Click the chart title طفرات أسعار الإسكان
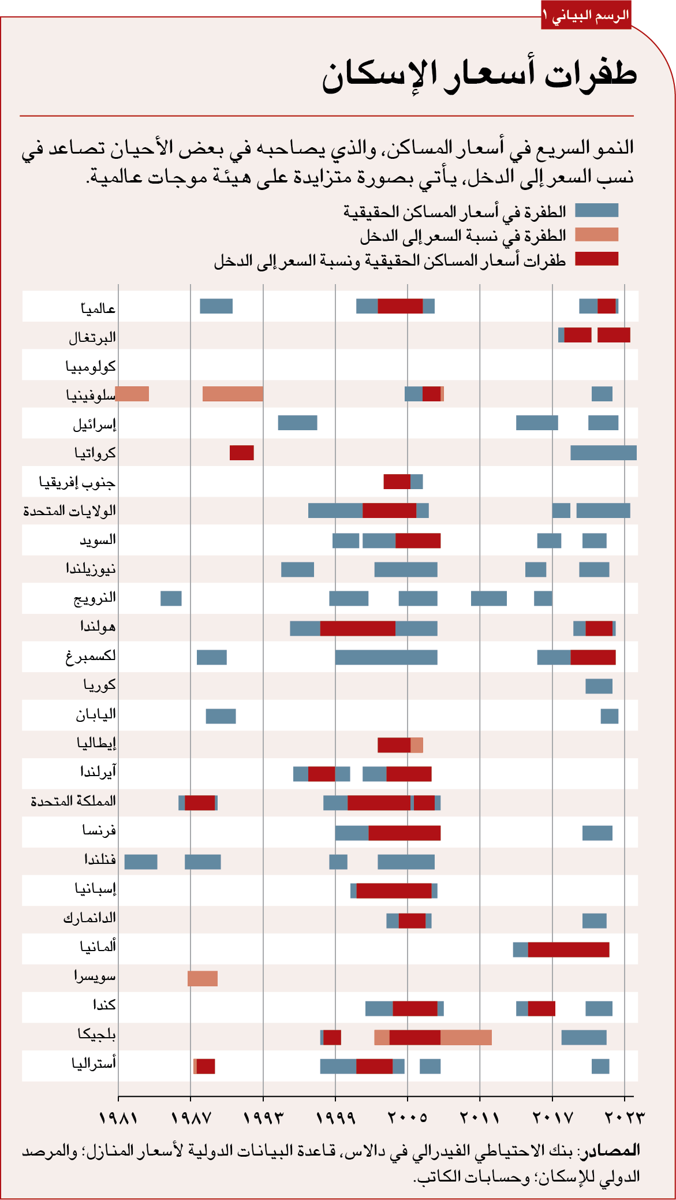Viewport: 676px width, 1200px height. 479,76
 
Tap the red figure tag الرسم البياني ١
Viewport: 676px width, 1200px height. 586,16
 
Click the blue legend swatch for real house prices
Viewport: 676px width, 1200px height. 596,210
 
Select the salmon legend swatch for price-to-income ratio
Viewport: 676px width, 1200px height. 596,234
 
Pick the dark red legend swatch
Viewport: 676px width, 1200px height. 596,259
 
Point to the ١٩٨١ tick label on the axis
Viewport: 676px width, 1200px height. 118,1117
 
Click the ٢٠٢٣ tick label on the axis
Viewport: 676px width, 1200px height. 624,1117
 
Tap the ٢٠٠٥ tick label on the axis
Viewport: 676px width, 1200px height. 407,1117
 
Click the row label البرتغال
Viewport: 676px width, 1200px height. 92,337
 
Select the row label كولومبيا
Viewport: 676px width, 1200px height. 91,366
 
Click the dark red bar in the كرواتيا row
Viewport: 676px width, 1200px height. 241,453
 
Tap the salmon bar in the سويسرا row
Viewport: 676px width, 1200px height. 203,978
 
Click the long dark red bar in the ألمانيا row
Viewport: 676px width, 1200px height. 568,949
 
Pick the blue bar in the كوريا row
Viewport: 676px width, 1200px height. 599,686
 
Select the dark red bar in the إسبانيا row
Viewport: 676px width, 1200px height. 394,890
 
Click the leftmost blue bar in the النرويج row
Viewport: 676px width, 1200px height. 171,598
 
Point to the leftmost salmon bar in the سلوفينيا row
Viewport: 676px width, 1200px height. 132,394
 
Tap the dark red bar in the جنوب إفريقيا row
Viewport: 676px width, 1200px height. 397,481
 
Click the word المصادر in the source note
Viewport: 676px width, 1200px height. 618,1150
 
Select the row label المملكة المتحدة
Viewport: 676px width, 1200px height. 73,801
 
